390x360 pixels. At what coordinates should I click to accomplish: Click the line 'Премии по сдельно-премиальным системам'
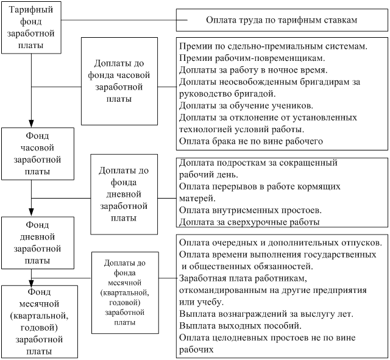273,46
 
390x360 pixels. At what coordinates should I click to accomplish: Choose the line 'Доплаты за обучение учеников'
246,105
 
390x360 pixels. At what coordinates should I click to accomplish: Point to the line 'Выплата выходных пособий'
236,326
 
